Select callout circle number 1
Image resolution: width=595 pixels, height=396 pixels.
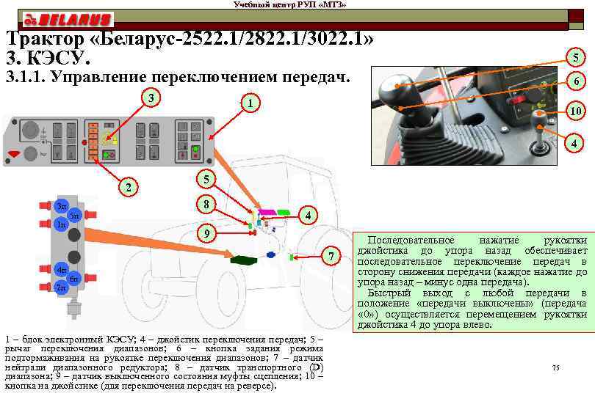250,103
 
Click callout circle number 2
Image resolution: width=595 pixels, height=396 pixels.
129,187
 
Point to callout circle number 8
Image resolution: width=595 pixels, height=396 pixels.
208,204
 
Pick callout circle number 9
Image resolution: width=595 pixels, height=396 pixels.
208,234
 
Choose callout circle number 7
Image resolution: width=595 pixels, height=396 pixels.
332,256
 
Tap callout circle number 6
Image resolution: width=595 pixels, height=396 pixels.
578,81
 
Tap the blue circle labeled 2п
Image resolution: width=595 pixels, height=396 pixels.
60,287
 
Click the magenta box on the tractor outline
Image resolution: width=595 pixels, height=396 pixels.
262,212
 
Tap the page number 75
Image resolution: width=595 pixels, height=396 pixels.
555,367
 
